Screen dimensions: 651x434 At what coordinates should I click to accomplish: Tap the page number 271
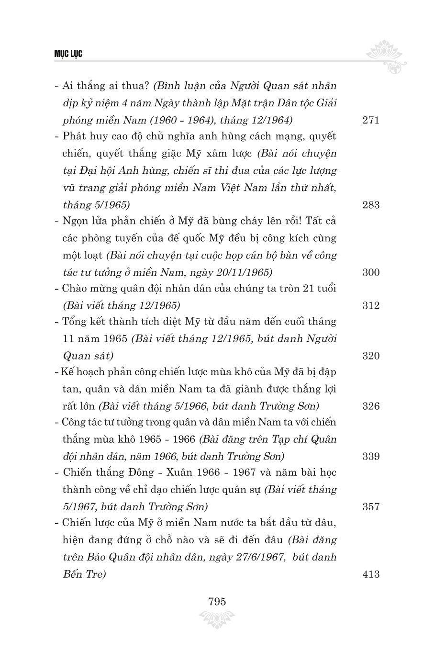371,120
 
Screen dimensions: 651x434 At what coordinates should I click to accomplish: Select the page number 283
371,205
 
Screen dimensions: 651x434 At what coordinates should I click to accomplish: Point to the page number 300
371,272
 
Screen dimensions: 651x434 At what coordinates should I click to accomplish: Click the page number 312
371,305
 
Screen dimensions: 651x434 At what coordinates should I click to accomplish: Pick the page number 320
371,356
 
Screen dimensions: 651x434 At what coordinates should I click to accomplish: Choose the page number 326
371,406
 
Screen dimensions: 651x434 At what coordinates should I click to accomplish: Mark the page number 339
371,456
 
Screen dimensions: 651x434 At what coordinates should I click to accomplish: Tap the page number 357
371,506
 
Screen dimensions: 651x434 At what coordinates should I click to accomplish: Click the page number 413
371,574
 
